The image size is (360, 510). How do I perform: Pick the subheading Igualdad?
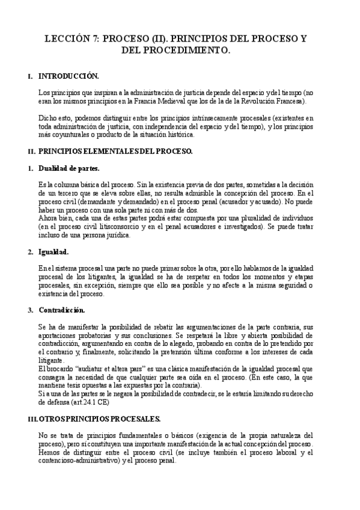pyautogui.click(x=53, y=251)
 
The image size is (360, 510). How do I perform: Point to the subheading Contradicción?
pyautogui.click(x=61, y=310)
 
